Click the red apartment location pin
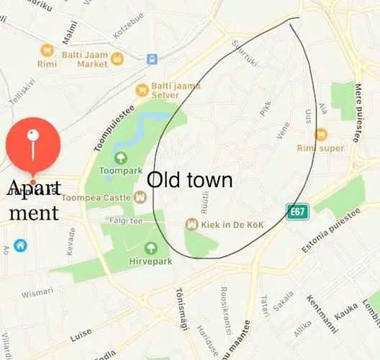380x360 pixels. tap(32, 145)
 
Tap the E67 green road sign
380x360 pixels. tap(297, 212)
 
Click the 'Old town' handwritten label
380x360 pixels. tap(190, 180)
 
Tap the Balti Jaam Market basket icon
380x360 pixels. tap(47, 50)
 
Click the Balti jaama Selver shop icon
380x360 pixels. tap(142, 90)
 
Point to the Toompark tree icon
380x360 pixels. tap(119, 158)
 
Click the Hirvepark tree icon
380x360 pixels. tap(150, 248)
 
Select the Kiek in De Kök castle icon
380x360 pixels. tap(191, 225)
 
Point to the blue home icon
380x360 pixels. tap(20, 246)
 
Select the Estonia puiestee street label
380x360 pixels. tap(330, 231)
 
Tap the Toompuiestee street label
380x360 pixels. tap(114, 128)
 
